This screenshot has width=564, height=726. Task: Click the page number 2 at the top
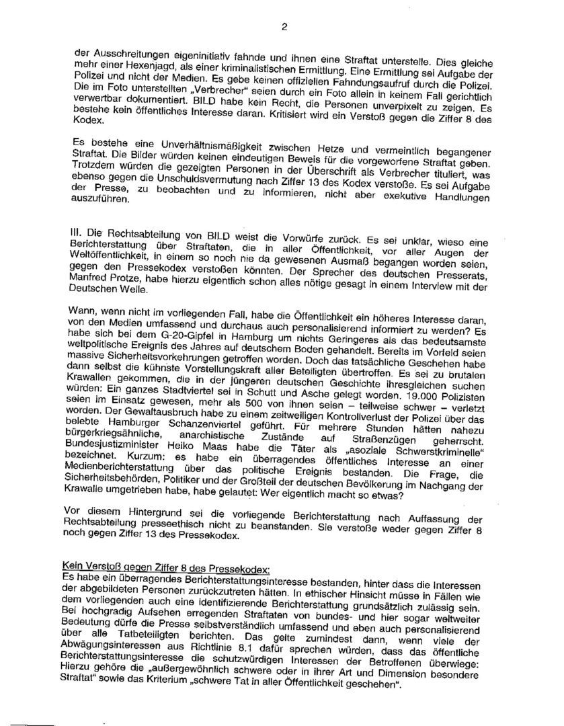[x=284, y=28]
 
